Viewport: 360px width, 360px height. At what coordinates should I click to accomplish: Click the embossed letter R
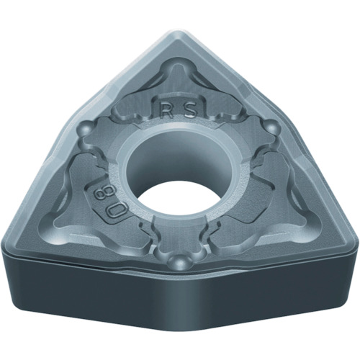click(x=168, y=111)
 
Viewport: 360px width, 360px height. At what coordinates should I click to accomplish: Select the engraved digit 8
click(x=99, y=193)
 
